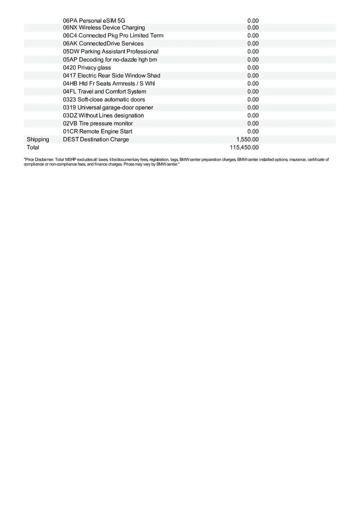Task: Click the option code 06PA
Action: tap(70, 20)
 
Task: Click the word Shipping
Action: tap(38, 140)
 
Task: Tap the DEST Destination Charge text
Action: tap(96, 140)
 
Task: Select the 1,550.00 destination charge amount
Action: tap(247, 140)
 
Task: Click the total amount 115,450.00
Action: tap(244, 148)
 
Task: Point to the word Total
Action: tap(33, 148)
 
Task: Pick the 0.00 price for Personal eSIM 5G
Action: tap(253, 20)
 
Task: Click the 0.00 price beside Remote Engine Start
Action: tap(253, 131)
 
